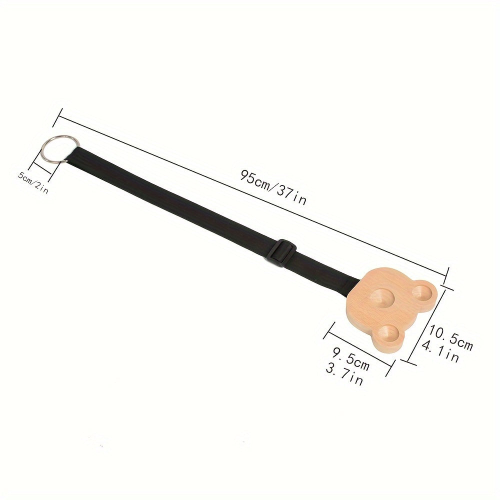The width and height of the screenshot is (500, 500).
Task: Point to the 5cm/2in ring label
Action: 33,182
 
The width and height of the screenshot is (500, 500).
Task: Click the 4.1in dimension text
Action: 440,351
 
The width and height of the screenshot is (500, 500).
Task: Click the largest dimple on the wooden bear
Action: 381,298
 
